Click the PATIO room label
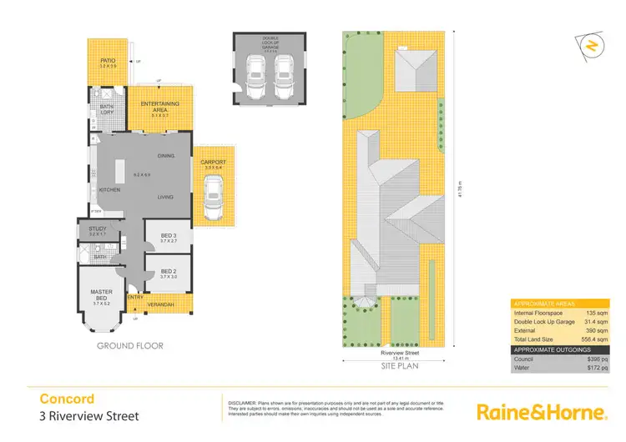pyautogui.click(x=108, y=61)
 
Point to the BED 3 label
pyautogui.click(x=169, y=237)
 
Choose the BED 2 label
pyautogui.click(x=169, y=271)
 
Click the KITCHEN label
pyautogui.click(x=110, y=190)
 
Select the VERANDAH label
pyautogui.click(x=162, y=304)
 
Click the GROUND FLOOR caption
pyautogui.click(x=130, y=345)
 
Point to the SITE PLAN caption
pyautogui.click(x=399, y=365)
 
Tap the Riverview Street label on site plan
pyautogui.click(x=399, y=353)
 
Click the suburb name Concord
pyautogui.click(x=67, y=399)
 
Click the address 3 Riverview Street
pyautogui.click(x=89, y=416)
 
